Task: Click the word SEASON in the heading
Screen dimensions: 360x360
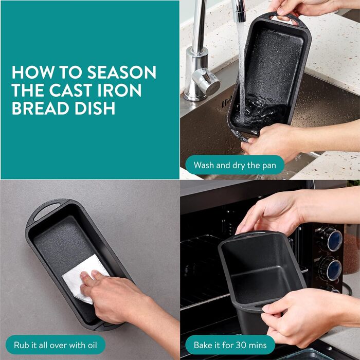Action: click(x=122, y=73)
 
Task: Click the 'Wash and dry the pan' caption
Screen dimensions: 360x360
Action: click(x=235, y=165)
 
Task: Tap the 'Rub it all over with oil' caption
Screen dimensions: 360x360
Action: click(x=56, y=345)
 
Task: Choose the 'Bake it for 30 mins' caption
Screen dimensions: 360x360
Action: click(x=230, y=345)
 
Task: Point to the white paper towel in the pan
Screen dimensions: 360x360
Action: click(x=84, y=278)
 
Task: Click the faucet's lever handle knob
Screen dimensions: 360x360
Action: click(x=206, y=81)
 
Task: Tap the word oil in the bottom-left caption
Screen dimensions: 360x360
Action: click(x=92, y=345)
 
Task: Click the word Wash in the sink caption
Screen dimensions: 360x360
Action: click(x=204, y=165)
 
